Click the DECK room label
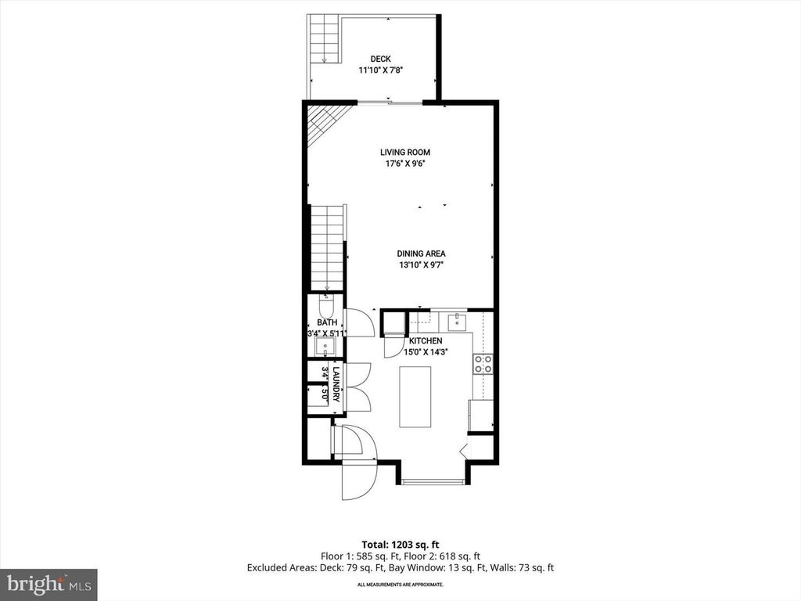pos(380,59)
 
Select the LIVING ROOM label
pos(405,153)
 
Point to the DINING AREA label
pos(421,254)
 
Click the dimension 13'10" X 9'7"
pos(421,265)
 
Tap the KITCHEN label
pos(426,341)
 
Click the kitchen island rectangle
pos(415,397)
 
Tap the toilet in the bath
pos(325,304)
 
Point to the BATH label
pos(326,322)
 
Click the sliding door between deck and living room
pos(390,103)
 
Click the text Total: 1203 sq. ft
pos(400,544)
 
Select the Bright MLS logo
pos(48,584)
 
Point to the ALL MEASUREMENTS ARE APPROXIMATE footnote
pos(400,585)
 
